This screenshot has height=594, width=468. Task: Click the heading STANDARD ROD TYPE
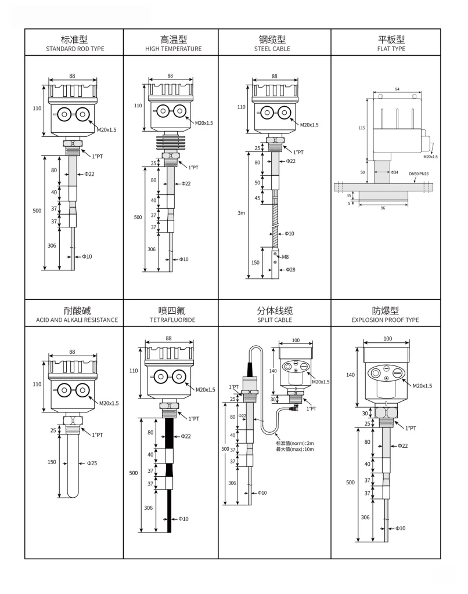pyautogui.click(x=75, y=49)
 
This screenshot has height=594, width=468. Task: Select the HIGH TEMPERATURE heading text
pyautogui.click(x=173, y=49)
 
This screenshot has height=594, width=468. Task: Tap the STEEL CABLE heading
pyautogui.click(x=272, y=49)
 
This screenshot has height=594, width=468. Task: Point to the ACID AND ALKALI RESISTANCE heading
pyautogui.click(x=73, y=320)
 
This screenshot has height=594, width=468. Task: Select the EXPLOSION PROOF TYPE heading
pyautogui.click(x=385, y=320)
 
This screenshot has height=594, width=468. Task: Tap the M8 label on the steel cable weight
pyautogui.click(x=286, y=256)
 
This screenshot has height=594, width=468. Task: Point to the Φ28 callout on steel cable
pyautogui.click(x=291, y=270)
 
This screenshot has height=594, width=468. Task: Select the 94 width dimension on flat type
pyautogui.click(x=396, y=90)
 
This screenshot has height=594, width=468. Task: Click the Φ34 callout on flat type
pyautogui.click(x=395, y=172)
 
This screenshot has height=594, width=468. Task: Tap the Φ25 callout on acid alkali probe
pyautogui.click(x=92, y=463)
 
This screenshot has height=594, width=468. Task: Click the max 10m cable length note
pyautogui.click(x=295, y=450)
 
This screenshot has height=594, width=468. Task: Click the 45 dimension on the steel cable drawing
pyautogui.click(x=257, y=197)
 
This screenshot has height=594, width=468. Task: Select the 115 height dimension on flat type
pyautogui.click(x=361, y=128)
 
